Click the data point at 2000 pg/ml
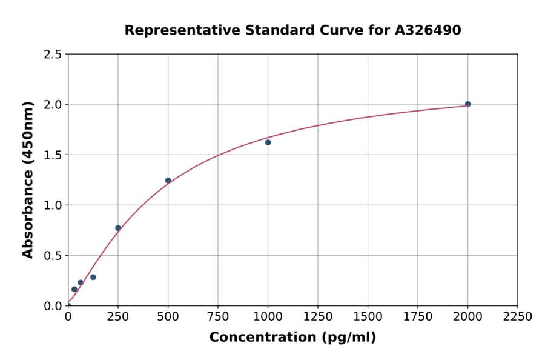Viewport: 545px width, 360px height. pos(467,104)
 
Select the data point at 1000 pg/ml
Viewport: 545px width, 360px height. pos(268,142)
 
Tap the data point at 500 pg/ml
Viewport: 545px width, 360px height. pos(168,181)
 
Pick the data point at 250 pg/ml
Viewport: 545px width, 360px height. pos(118,228)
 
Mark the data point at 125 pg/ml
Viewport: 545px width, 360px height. pos(93,277)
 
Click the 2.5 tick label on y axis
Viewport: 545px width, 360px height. pos(53,55)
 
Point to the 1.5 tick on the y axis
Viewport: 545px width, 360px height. pos(53,155)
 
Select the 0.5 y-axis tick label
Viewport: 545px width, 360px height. pos(53,255)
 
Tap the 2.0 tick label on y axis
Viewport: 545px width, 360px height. pos(53,104)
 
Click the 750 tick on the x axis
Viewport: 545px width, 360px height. pos(218,316)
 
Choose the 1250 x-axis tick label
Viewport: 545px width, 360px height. pos(318,316)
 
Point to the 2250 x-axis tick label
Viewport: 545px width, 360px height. pos(518,316)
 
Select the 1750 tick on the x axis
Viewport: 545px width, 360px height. pos(418,316)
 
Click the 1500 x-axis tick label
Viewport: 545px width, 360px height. pos(368,316)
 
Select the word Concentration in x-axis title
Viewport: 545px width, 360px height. pos(254,338)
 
